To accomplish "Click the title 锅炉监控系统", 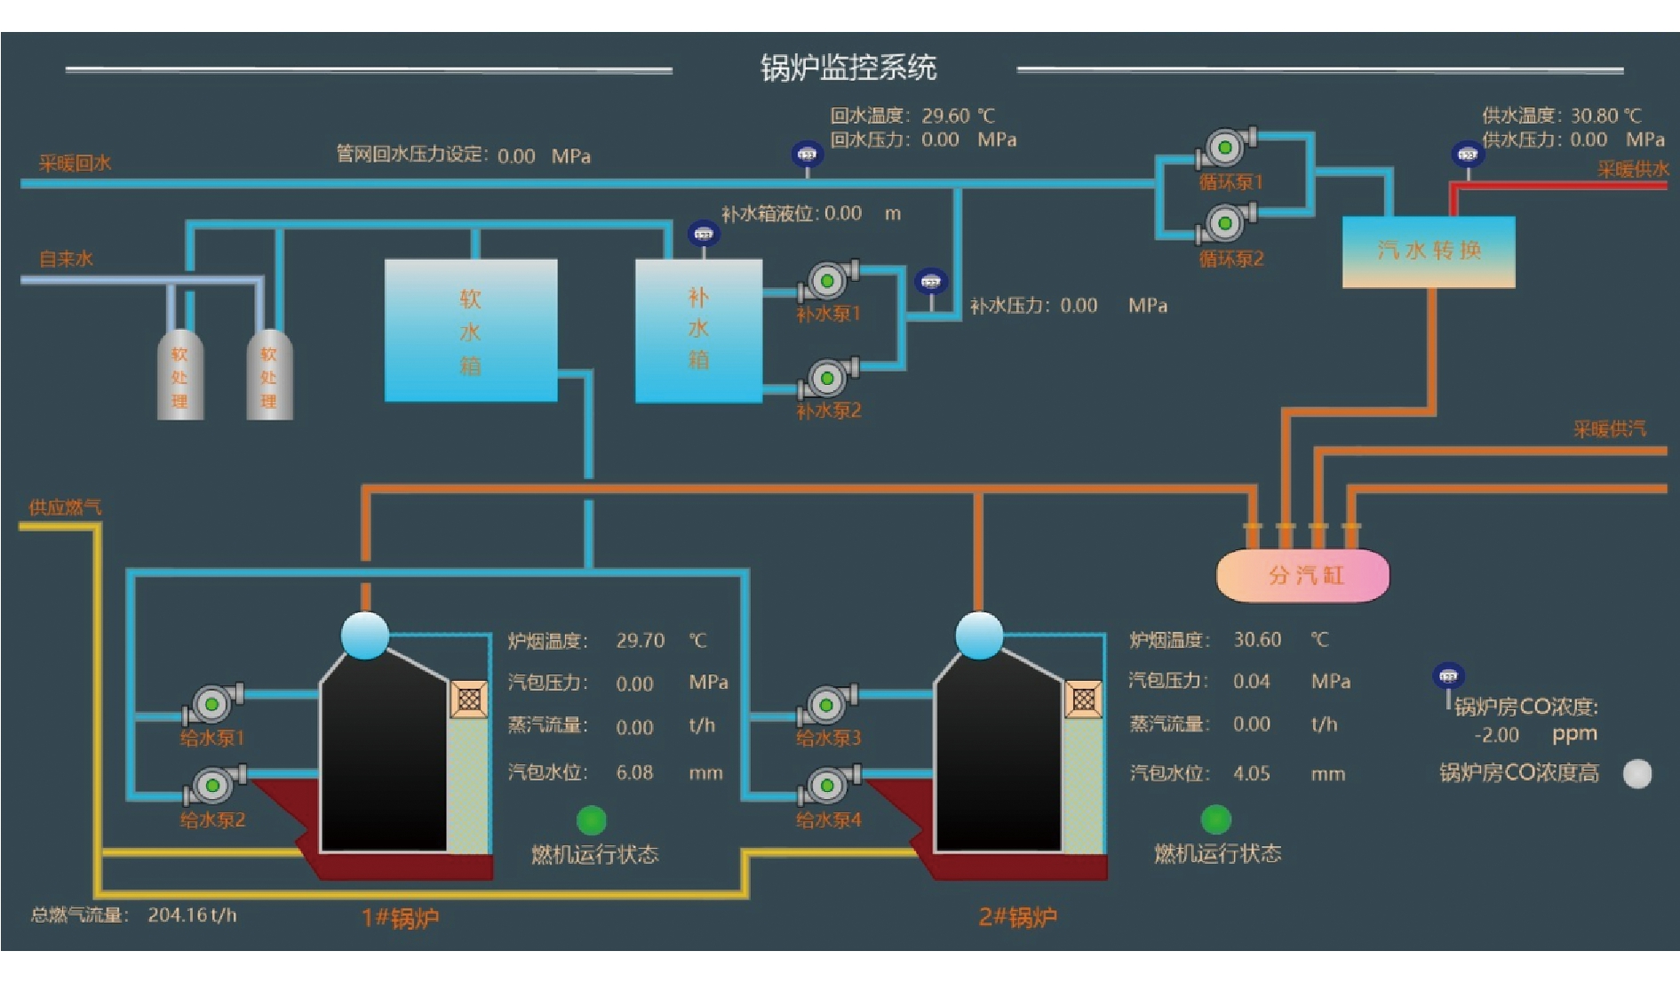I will pyautogui.click(x=848, y=68).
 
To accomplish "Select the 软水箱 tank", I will pyautogui.click(x=471, y=331).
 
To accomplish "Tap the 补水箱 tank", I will pyautogui.click(x=698, y=331).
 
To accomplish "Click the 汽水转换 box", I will pyautogui.click(x=1429, y=252).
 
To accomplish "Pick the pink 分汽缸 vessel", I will pyautogui.click(x=1302, y=575).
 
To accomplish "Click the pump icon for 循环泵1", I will pyautogui.click(x=1225, y=148).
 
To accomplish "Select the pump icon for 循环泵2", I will pyautogui.click(x=1225, y=223).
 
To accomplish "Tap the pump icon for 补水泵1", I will pyautogui.click(x=827, y=281).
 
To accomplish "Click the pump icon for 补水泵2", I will pyautogui.click(x=827, y=378).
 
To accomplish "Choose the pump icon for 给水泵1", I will pyautogui.click(x=211, y=705).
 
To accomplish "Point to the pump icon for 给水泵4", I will pyautogui.click(x=827, y=786).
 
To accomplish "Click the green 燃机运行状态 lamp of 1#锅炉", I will pyautogui.click(x=592, y=820).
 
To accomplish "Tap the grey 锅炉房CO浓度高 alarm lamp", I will pyautogui.click(x=1636, y=774).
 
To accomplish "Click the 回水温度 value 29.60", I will pyautogui.click(x=945, y=116).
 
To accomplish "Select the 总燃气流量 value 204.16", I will pyautogui.click(x=177, y=915).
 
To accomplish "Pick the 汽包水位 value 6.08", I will pyautogui.click(x=634, y=772).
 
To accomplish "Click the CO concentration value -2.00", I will pyautogui.click(x=1497, y=735).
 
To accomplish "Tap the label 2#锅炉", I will pyautogui.click(x=1017, y=917).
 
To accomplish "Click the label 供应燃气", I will pyautogui.click(x=65, y=507).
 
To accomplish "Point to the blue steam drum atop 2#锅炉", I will pyautogui.click(x=979, y=635).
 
